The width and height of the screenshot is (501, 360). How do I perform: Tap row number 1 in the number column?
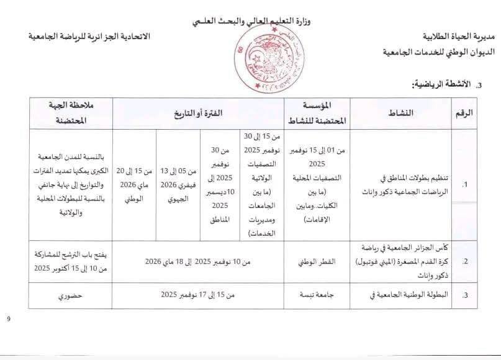point(464,185)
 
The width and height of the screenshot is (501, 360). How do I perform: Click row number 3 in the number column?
point(464,295)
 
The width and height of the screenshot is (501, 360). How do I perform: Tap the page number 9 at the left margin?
point(9,320)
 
